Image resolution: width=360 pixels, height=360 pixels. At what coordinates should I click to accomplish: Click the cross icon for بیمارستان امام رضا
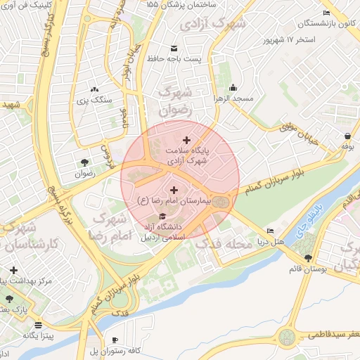174,190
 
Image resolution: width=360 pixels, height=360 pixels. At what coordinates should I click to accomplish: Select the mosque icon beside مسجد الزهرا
233,89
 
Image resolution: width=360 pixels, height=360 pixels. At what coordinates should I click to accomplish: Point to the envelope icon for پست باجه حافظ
174,48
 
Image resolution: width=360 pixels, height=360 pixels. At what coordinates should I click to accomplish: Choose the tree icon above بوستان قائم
308,257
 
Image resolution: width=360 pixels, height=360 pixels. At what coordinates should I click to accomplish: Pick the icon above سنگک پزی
94,89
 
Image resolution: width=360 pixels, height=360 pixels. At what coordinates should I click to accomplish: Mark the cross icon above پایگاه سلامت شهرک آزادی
186,140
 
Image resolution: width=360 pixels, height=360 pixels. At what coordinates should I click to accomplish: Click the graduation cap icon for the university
164,216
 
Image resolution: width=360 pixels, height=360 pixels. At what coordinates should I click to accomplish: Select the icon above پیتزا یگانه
37,326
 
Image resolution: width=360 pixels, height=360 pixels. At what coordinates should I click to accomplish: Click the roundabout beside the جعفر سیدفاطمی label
288,337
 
